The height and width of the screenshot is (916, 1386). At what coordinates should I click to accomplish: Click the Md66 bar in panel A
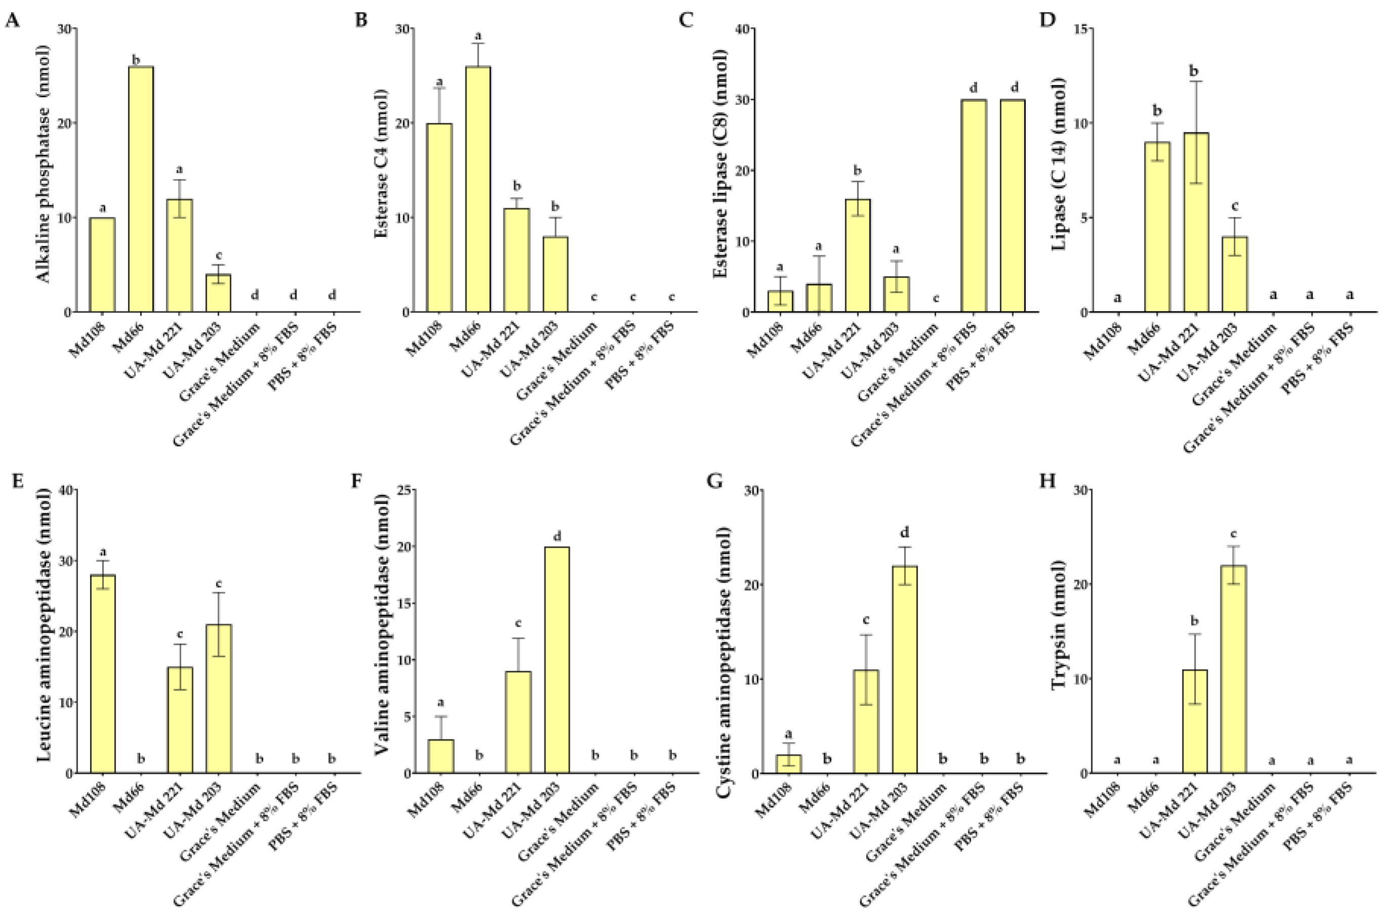(x=141, y=189)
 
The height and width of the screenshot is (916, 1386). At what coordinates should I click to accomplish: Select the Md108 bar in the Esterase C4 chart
(x=439, y=218)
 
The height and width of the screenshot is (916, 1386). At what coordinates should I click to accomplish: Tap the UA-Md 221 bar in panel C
(x=857, y=256)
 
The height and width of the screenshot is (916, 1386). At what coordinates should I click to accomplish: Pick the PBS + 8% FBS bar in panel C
(x=1013, y=206)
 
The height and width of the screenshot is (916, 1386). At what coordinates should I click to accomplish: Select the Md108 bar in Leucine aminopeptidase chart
(x=103, y=674)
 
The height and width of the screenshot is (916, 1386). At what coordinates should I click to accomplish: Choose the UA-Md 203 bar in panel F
(x=557, y=660)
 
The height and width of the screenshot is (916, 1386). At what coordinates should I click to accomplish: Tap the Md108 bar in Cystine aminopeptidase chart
(x=788, y=764)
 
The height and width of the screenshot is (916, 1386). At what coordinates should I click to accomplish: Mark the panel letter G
(x=715, y=482)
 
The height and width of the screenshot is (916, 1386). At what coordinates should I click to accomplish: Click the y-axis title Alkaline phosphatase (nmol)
(x=45, y=163)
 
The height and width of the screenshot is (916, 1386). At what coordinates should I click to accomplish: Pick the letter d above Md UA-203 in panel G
(x=905, y=532)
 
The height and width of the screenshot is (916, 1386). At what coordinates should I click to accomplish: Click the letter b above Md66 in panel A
(x=137, y=60)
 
